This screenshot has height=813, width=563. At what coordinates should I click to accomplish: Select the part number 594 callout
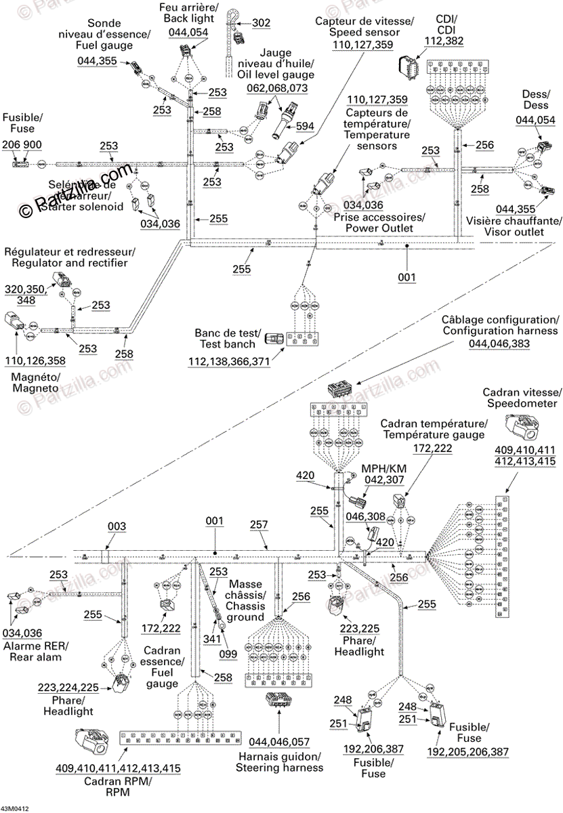[x=305, y=125]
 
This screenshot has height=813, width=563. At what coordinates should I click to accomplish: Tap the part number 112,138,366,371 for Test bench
[x=230, y=363]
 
